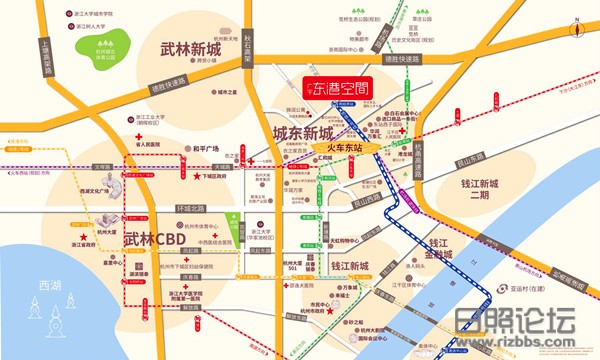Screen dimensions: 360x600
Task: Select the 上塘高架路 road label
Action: click(x=47, y=60)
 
